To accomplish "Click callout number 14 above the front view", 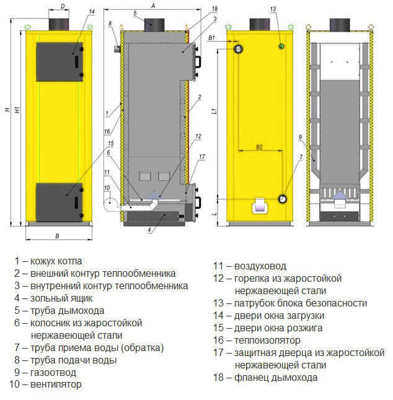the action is tap(92, 12).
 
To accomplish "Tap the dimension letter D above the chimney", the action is tap(63, 6).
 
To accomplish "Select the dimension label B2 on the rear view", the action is tap(259, 147).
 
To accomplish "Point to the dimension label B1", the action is tap(212, 38).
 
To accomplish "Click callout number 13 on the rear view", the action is tap(273, 9).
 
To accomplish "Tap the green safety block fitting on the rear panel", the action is tap(281, 46).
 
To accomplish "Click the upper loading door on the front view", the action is tap(60, 62).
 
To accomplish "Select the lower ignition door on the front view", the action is tap(60, 202).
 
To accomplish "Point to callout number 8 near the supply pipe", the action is tap(110, 24).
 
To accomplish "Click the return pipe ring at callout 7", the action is tap(283, 199).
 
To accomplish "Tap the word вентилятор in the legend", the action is tap(56, 384).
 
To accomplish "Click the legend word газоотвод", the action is tap(53, 373).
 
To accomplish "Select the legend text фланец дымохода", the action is tap(276, 378).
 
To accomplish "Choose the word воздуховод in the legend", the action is tap(260, 266).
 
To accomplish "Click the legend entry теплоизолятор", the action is tap(267, 341).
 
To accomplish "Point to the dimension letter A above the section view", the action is tap(153, 6).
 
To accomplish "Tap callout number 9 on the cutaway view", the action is tap(300, 137).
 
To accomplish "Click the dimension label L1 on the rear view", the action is tap(214, 111).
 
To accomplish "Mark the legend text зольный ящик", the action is tap(61, 298).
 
